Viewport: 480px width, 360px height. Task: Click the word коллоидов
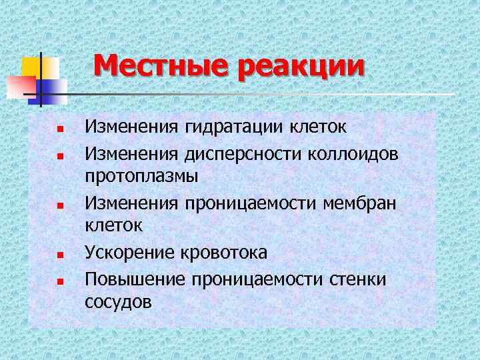pyautogui.click(x=357, y=154)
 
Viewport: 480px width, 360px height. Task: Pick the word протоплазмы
pyautogui.click(x=141, y=177)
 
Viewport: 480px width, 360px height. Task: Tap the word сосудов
pyautogui.click(x=118, y=301)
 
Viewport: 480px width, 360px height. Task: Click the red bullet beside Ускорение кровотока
pyautogui.click(x=59, y=255)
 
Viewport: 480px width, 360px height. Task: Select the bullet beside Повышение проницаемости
pyautogui.click(x=59, y=280)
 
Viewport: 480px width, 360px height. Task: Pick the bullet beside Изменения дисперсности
pyautogui.click(x=59, y=155)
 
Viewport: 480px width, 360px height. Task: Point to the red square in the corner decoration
pyautogui.click(x=20, y=87)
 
